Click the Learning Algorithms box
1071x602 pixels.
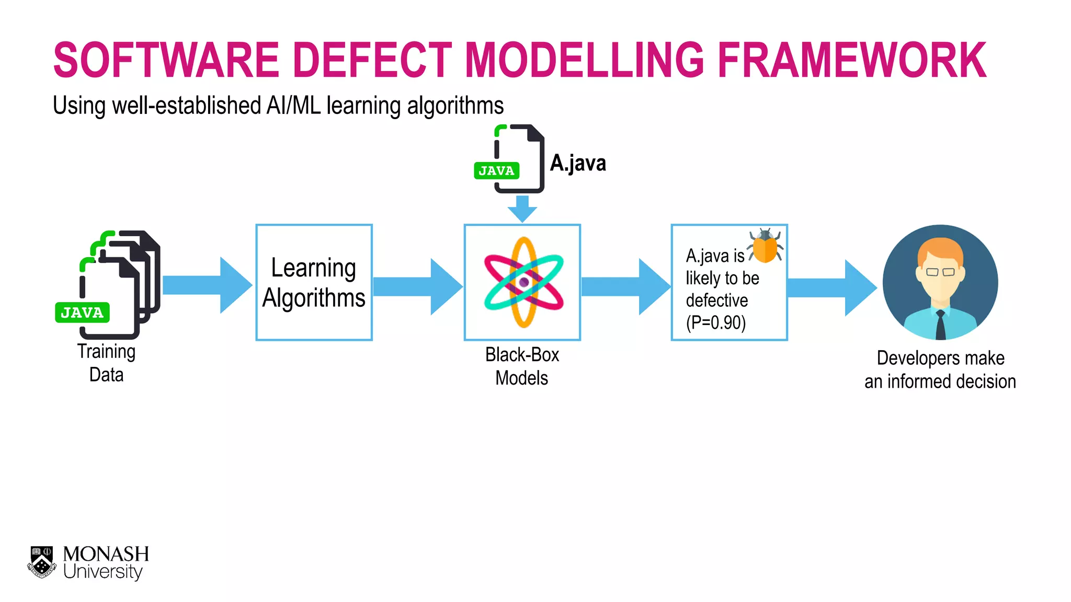(x=314, y=283)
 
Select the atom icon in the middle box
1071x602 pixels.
(x=523, y=283)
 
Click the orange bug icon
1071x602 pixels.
(x=766, y=246)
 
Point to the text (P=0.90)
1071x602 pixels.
(x=715, y=323)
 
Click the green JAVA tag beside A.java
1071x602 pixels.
(x=496, y=171)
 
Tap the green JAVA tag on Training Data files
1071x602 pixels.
(x=82, y=312)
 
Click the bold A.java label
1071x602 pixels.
(x=578, y=163)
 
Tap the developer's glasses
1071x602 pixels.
(x=940, y=272)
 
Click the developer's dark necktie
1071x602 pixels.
(x=940, y=325)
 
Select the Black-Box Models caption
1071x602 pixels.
(x=522, y=366)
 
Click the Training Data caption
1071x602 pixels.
(x=106, y=363)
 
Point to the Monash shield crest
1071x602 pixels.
(x=42, y=562)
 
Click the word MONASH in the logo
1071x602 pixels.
(x=106, y=554)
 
